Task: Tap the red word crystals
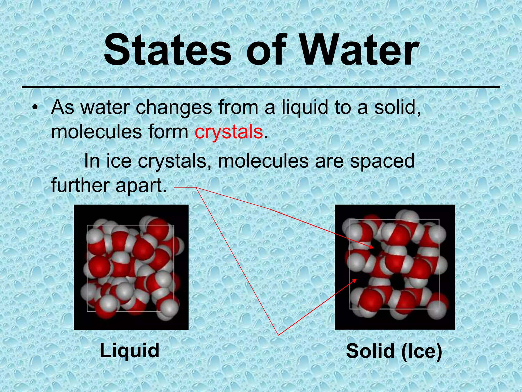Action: [229, 132]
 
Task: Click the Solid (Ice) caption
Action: [394, 351]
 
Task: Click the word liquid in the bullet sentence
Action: [305, 108]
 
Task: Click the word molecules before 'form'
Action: [97, 132]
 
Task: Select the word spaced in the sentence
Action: [382, 161]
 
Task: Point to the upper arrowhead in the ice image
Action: [372, 247]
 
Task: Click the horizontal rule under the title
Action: [261, 88]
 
